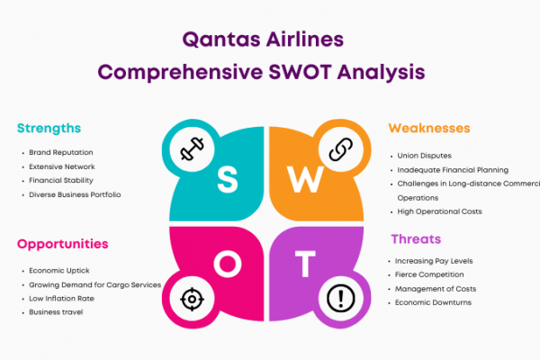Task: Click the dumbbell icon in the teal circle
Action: coord(193,148)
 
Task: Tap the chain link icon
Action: coord(340,149)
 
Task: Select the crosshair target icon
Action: coord(193,299)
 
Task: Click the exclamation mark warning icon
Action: coord(340,298)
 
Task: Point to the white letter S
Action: coord(228,179)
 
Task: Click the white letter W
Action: coord(305,179)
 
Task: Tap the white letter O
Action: coord(228,264)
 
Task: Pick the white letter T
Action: coord(305,264)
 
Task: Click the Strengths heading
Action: coord(49,129)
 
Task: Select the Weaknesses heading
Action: coord(429,128)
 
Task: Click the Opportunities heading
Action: coord(63,244)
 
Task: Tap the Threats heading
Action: coord(416,239)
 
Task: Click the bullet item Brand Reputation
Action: coord(61,152)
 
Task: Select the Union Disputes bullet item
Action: coord(424,156)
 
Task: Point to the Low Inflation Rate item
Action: coord(61,299)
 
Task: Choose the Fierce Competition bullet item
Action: coord(429,274)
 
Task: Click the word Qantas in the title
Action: coord(221,40)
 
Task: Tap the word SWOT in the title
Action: coord(300,72)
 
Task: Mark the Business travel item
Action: coord(56,312)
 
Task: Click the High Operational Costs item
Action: coord(439,211)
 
